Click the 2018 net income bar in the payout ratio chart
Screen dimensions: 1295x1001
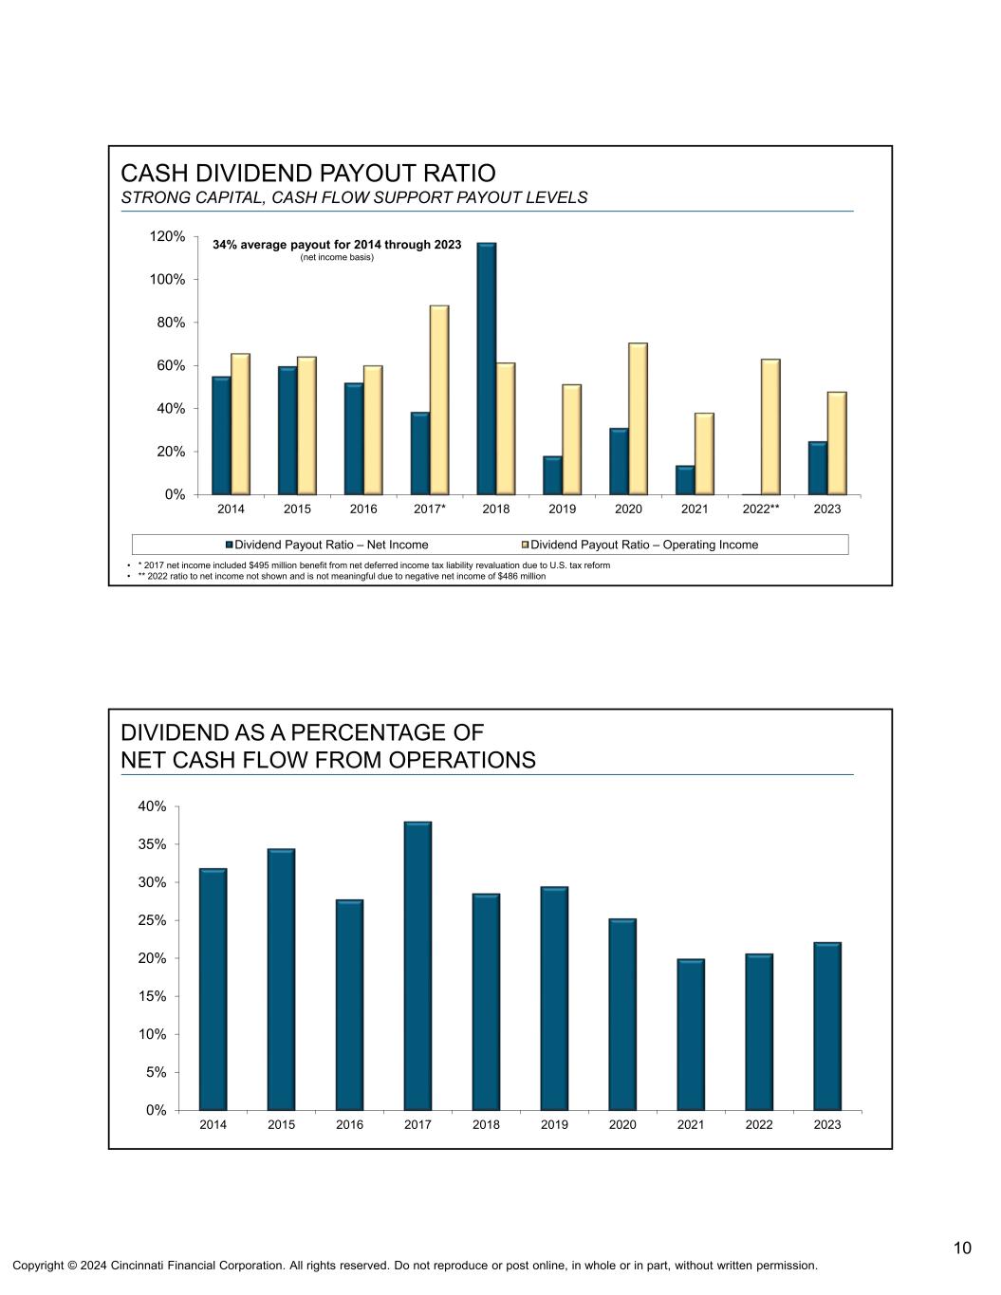pos(486,369)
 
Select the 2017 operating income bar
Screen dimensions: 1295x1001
pos(439,399)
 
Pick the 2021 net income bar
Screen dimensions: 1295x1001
pos(685,480)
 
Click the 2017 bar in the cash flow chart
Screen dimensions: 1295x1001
pos(417,966)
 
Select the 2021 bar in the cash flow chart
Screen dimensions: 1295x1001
pos(691,1034)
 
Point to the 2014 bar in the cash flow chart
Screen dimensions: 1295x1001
pos(213,989)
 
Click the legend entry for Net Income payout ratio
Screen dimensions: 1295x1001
pos(326,545)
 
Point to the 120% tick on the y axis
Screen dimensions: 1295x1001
pos(167,236)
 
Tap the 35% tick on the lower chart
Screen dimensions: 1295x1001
pos(152,844)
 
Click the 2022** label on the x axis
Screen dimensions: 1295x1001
pos(761,509)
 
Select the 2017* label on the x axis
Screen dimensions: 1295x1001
pos(430,509)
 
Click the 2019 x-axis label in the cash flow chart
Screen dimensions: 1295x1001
pos(554,1125)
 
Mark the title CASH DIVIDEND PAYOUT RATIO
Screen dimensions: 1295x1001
pos(308,174)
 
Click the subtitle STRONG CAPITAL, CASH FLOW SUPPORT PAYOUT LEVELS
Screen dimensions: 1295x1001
pos(354,197)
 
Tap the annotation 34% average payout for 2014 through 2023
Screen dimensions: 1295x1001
pos(337,245)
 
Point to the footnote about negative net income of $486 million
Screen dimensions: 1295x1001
pos(342,576)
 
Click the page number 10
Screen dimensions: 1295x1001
pos(962,1248)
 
